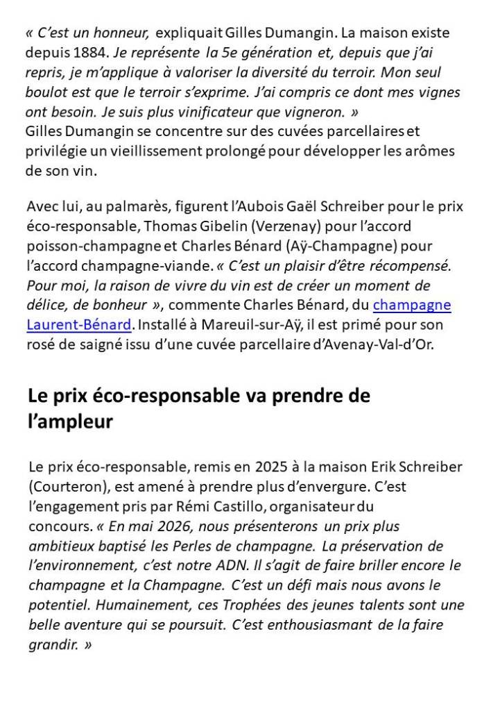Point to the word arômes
(433, 151)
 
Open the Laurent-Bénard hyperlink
(78, 324)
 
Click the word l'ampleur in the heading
(69, 421)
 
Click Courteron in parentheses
(65, 487)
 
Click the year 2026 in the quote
(175, 526)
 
